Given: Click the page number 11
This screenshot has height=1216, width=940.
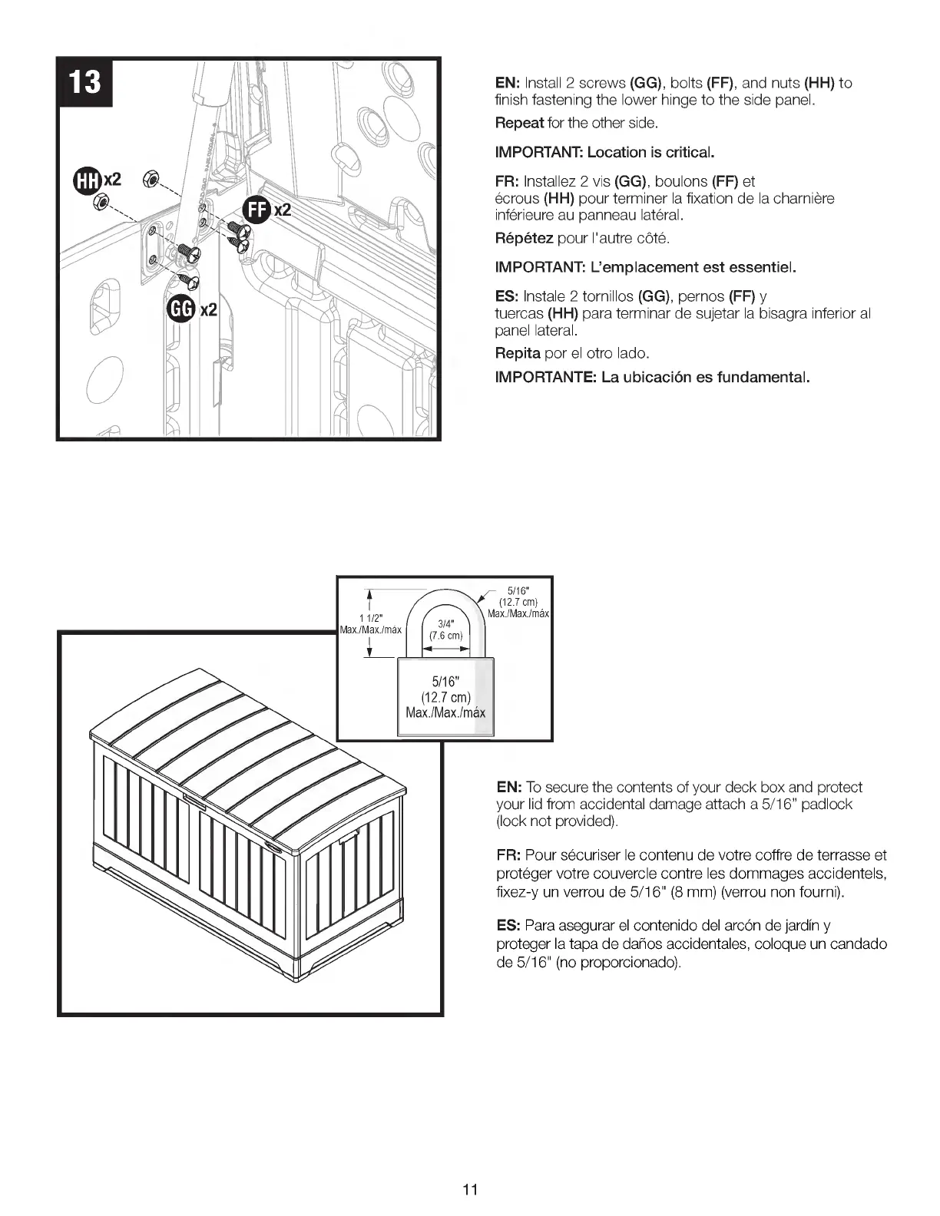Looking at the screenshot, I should click(470, 1190).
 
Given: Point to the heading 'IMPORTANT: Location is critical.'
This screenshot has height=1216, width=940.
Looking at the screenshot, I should click(605, 152).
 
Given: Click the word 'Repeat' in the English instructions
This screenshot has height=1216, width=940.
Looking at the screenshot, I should click(519, 123).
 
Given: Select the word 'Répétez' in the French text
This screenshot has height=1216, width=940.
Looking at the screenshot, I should click(524, 238).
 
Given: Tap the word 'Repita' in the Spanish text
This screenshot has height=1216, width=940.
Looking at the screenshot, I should click(518, 353).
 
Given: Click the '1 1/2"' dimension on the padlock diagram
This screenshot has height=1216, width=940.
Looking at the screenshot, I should click(370, 619).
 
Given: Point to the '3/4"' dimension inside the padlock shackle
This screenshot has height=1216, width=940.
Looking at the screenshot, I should click(445, 623).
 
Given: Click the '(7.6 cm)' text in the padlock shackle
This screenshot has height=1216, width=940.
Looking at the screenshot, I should click(445, 636).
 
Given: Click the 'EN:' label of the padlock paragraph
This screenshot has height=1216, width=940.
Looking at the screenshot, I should click(509, 787).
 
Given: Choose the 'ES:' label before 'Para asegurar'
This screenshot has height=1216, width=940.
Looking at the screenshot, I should click(509, 926).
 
